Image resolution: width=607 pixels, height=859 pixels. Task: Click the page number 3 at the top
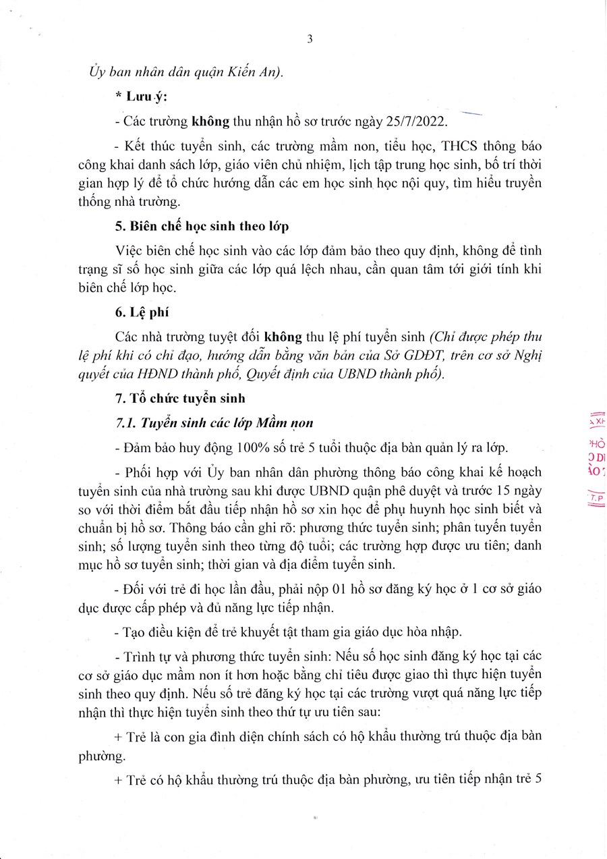310,38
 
